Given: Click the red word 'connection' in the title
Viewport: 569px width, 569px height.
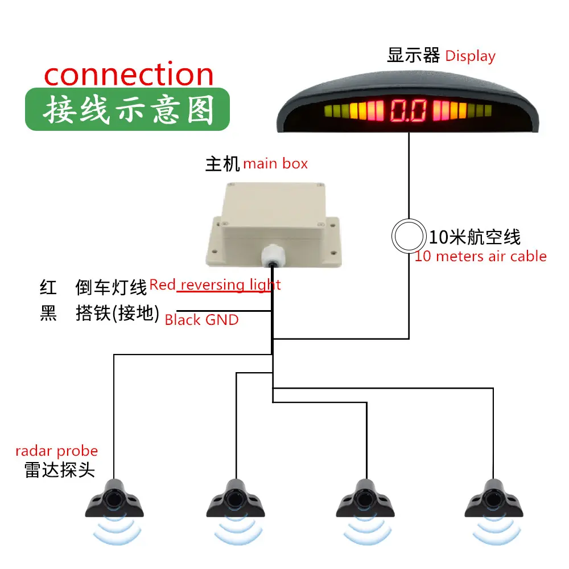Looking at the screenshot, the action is pyautogui.click(x=129, y=75).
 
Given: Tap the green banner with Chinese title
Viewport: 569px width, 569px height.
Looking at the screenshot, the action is pyautogui.click(x=127, y=109).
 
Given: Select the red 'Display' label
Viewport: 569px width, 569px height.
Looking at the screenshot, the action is pyautogui.click(x=470, y=56).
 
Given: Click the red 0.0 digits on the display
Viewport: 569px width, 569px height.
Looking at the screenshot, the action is pyautogui.click(x=408, y=110).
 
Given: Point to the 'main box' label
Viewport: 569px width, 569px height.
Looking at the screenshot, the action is pyautogui.click(x=275, y=164).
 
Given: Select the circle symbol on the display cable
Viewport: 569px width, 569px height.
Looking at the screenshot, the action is pyautogui.click(x=409, y=236).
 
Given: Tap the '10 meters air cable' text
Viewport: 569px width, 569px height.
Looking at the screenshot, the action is pyautogui.click(x=480, y=256).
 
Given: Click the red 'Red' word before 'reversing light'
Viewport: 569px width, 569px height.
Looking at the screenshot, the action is pyautogui.click(x=162, y=284).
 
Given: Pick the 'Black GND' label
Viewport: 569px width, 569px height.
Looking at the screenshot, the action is pyautogui.click(x=202, y=320).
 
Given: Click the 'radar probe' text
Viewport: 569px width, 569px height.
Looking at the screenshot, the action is pyautogui.click(x=56, y=451).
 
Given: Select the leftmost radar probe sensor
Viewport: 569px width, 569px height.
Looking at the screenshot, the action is pyautogui.click(x=114, y=498).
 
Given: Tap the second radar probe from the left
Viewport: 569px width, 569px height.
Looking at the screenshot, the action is pyautogui.click(x=236, y=498).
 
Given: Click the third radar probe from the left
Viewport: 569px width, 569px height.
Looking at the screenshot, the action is pyautogui.click(x=365, y=498).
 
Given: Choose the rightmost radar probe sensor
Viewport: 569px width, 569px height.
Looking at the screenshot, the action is pyautogui.click(x=494, y=498).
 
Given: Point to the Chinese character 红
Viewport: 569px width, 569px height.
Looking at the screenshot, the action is pyautogui.click(x=48, y=287).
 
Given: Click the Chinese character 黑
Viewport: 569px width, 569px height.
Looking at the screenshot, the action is pyautogui.click(x=48, y=313).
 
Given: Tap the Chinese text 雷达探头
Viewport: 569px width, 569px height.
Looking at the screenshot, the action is pyautogui.click(x=60, y=470).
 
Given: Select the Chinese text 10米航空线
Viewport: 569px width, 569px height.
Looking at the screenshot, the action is pyautogui.click(x=475, y=237).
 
